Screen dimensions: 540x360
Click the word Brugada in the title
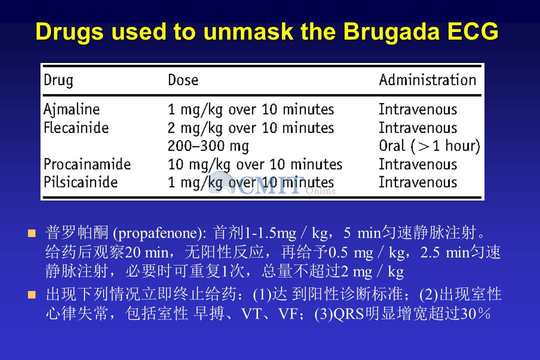(x=391, y=32)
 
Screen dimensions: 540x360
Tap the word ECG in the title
(x=473, y=31)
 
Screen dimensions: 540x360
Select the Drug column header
(x=58, y=80)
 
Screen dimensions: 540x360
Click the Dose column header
(x=183, y=80)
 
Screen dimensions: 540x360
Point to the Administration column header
(x=427, y=79)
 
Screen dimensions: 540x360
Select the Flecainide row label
(x=76, y=128)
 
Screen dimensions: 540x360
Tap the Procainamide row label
(x=87, y=164)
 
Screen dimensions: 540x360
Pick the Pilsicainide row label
(x=80, y=182)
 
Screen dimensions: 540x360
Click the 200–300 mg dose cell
(x=208, y=146)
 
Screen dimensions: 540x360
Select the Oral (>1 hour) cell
(x=429, y=146)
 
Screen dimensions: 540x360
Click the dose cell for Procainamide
(x=255, y=164)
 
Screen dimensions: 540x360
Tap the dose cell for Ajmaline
(x=250, y=110)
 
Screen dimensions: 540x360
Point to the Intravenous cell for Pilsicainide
(x=418, y=182)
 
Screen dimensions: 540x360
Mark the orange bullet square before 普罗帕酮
(x=31, y=233)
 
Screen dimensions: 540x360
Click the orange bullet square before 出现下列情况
(x=31, y=294)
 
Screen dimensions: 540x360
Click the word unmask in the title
(x=248, y=31)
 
